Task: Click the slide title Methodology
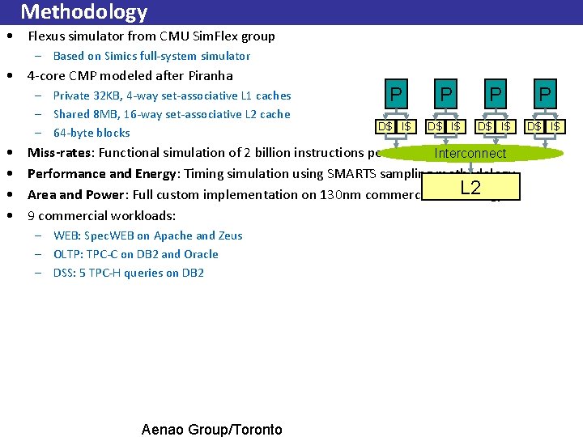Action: (83, 12)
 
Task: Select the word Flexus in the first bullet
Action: (45, 36)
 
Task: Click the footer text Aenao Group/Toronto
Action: (212, 430)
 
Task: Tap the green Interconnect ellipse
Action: (470, 153)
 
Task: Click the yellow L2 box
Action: (470, 188)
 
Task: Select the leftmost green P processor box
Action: (395, 95)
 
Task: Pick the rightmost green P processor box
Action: (545, 95)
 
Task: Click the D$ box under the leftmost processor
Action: (385, 126)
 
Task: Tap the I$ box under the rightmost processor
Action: (555, 126)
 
